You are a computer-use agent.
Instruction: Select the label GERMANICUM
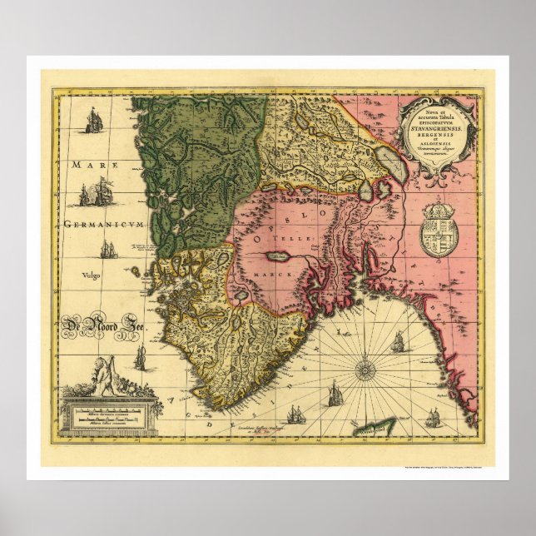(98, 225)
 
